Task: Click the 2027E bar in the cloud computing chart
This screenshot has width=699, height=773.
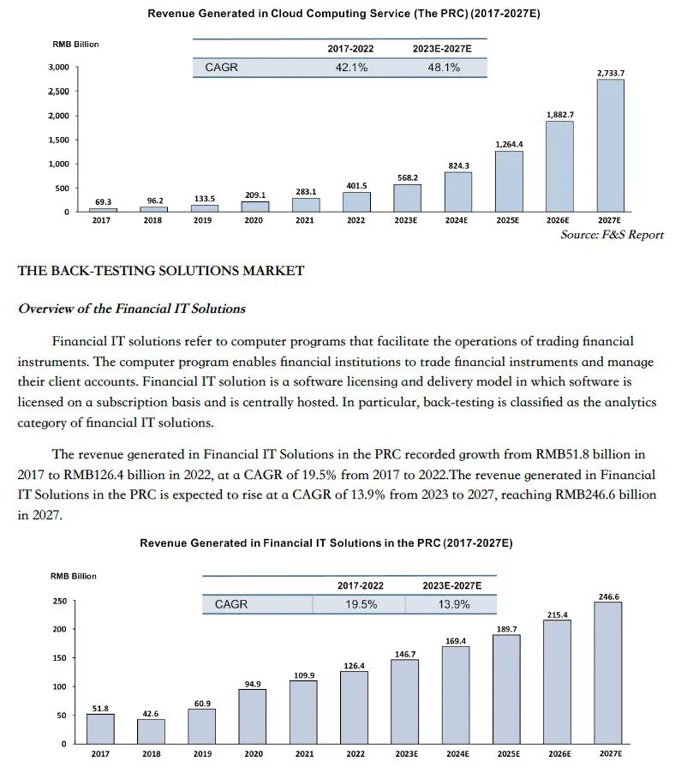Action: pyautogui.click(x=610, y=145)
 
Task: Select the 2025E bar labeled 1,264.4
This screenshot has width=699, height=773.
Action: pyautogui.click(x=508, y=181)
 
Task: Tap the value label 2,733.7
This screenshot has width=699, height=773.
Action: pyautogui.click(x=610, y=73)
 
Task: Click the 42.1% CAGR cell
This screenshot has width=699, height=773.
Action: pyautogui.click(x=351, y=67)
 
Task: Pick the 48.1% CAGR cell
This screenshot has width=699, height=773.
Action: pyautogui.click(x=443, y=67)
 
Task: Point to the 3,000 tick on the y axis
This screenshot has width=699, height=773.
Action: pyautogui.click(x=58, y=67)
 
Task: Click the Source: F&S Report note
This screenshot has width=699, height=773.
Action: pyautogui.click(x=612, y=235)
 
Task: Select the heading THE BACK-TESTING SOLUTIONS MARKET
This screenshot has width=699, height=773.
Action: pyautogui.click(x=161, y=271)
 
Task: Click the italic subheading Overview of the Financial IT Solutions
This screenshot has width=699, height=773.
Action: pyautogui.click(x=132, y=309)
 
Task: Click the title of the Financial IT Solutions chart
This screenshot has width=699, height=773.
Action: pyautogui.click(x=326, y=543)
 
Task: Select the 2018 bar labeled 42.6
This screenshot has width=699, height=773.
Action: pyautogui.click(x=151, y=731)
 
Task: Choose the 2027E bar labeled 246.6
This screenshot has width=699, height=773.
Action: pyautogui.click(x=607, y=672)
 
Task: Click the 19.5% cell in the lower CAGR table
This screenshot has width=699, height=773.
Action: pyautogui.click(x=361, y=604)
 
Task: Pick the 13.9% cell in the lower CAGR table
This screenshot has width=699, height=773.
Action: pyautogui.click(x=453, y=604)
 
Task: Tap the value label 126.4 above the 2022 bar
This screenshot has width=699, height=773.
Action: pyautogui.click(x=354, y=665)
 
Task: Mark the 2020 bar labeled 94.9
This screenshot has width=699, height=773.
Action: pyautogui.click(x=252, y=716)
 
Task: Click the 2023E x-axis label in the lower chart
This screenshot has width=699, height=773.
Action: pyautogui.click(x=406, y=754)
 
